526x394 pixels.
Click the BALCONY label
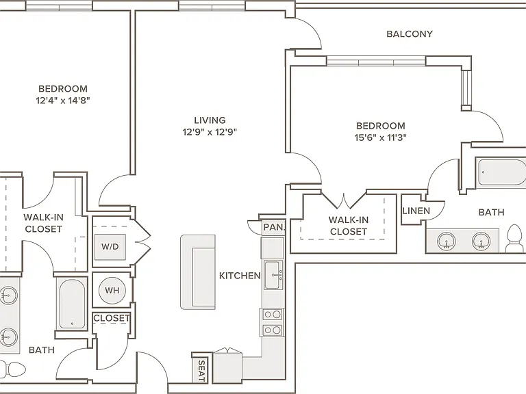[x=410, y=34]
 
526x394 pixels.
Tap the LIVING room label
[x=210, y=120]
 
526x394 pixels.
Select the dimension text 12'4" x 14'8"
[x=63, y=100]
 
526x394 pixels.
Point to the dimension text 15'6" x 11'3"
[x=380, y=137]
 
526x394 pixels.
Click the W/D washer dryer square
[x=110, y=247]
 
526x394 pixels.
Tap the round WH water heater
[x=112, y=290]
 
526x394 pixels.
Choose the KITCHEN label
[x=240, y=276]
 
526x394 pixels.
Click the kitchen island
[x=198, y=272]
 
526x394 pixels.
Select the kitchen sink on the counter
[x=273, y=275]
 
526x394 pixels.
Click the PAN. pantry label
[x=274, y=227]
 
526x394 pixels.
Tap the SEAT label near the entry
[x=201, y=371]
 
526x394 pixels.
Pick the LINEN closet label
[x=416, y=211]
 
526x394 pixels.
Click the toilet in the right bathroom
[x=514, y=238]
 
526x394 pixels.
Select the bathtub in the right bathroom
[x=502, y=172]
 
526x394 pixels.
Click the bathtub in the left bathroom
[x=72, y=304]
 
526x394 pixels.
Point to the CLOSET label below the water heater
[x=112, y=318]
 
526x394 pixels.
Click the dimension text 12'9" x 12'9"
[x=210, y=132]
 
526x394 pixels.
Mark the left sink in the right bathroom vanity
[x=446, y=241]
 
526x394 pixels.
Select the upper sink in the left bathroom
[x=8, y=295]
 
